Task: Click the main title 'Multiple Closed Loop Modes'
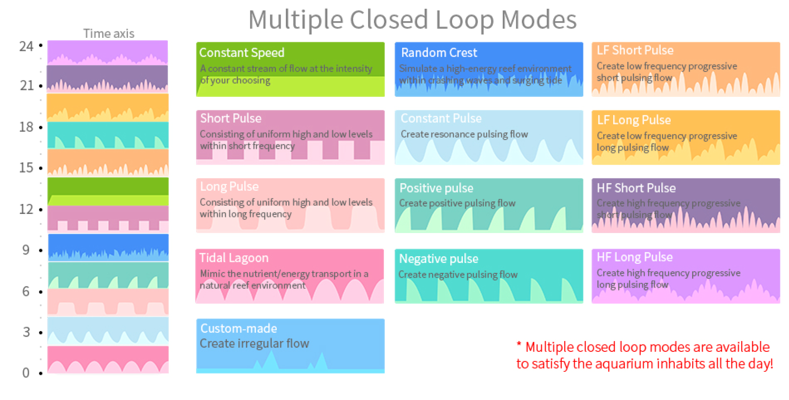[412, 20]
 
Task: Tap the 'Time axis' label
[108, 33]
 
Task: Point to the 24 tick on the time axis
[26, 47]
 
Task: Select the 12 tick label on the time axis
[26, 209]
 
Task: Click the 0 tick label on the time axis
[26, 373]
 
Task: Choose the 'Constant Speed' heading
[242, 53]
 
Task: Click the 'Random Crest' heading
[439, 53]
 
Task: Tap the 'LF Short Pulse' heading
[635, 50]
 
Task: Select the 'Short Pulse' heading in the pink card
[230, 118]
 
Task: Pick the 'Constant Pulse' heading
[441, 118]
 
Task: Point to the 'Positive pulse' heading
[436, 188]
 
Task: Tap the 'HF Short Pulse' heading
[636, 188]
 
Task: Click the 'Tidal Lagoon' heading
[234, 258]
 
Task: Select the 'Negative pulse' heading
[439, 259]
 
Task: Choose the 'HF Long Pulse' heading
[634, 257]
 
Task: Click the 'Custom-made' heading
[238, 328]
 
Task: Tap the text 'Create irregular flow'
[254, 343]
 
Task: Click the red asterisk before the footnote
[519, 344]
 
